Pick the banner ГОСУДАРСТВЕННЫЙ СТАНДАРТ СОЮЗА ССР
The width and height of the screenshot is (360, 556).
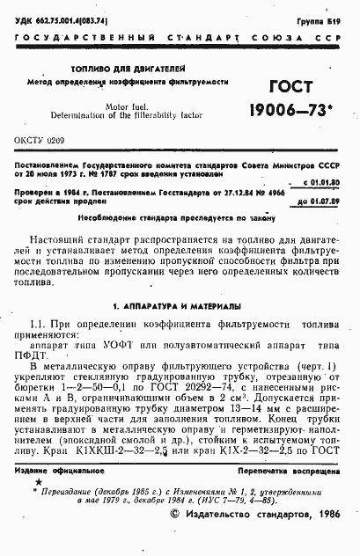180,40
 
